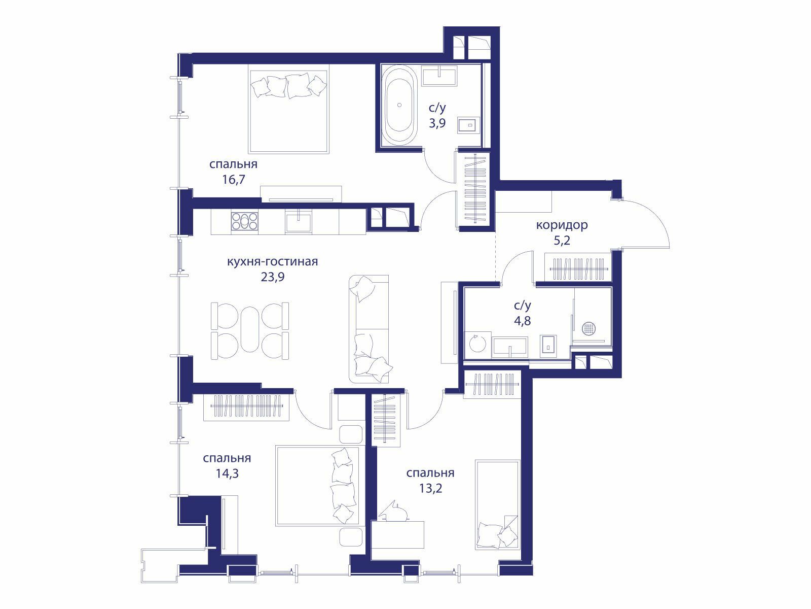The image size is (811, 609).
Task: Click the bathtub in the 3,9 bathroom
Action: click(399, 105)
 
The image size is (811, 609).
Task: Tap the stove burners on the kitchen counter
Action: click(244, 221)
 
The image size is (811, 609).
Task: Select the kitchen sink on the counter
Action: click(299, 221)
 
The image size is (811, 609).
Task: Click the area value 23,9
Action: click(273, 277)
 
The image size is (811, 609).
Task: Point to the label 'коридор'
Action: click(562, 225)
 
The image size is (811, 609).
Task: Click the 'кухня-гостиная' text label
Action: click(273, 261)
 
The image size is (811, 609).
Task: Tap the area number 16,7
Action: click(234, 179)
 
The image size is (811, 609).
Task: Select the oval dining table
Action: click(250, 329)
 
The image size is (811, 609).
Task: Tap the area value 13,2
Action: click(430, 488)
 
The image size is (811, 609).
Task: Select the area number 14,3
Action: click(227, 473)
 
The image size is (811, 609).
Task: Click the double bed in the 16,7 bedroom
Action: click(288, 112)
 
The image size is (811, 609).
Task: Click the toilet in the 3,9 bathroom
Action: click(469, 126)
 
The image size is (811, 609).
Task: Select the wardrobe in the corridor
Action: click(578, 268)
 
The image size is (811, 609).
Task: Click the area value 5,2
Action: click(562, 241)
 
